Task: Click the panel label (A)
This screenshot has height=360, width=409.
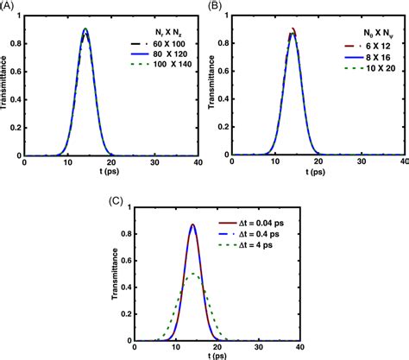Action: point(9,6)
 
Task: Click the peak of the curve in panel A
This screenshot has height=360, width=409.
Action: point(85,30)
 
